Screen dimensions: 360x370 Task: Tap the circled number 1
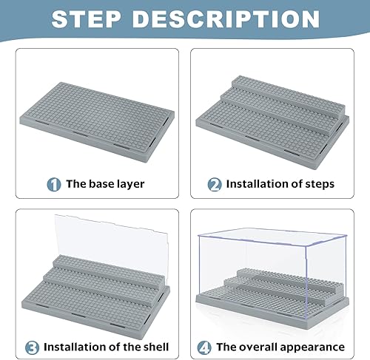[55, 185]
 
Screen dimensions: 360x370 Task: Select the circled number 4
[205, 345]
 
